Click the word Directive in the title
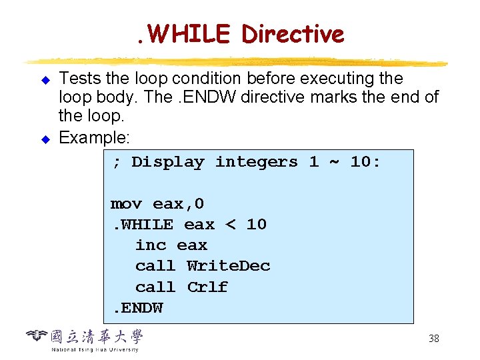(293, 33)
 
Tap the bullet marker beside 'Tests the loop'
(46, 80)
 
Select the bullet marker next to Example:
(46, 139)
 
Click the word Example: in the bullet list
(95, 138)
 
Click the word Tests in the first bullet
(78, 79)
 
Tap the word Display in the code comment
(167, 162)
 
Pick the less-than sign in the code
(231, 224)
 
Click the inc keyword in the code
(151, 245)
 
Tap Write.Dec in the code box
(228, 266)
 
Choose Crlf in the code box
(207, 287)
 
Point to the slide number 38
(433, 339)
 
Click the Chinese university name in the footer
(97, 336)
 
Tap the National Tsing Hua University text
(95, 349)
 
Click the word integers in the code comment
(256, 162)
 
